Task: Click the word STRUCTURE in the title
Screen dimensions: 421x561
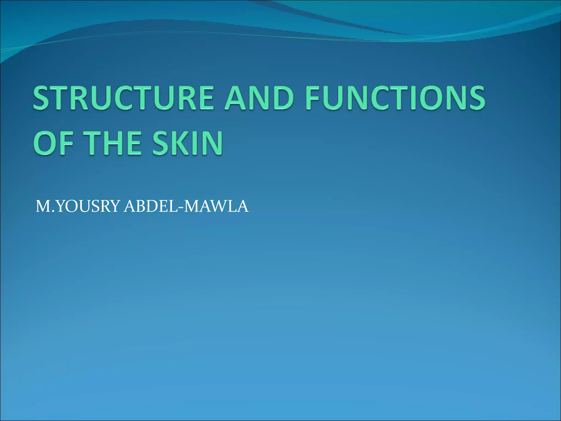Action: pyautogui.click(x=123, y=98)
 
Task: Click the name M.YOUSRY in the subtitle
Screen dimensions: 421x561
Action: pyautogui.click(x=78, y=206)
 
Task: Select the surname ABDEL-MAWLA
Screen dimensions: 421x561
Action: pyautogui.click(x=186, y=206)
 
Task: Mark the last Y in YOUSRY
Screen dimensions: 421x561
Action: pyautogui.click(x=115, y=206)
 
